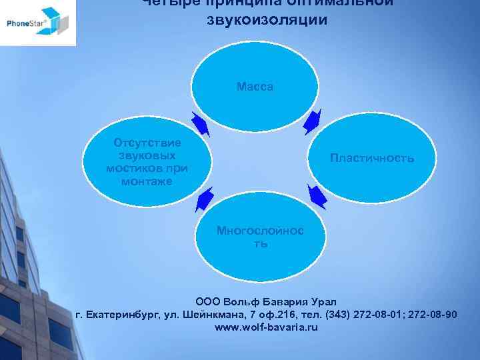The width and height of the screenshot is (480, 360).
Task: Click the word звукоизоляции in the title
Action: click(x=267, y=20)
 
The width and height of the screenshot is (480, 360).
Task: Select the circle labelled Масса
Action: click(x=255, y=87)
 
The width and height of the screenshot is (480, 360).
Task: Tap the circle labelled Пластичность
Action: click(x=372, y=159)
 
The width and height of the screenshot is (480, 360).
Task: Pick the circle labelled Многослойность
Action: click(x=259, y=237)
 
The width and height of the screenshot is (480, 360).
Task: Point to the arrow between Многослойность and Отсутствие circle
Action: click(x=204, y=198)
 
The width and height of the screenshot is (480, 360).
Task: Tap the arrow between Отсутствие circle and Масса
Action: click(x=200, y=123)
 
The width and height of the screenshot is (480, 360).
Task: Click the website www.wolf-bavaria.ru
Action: click(x=266, y=327)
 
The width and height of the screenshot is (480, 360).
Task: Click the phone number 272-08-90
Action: click(x=435, y=315)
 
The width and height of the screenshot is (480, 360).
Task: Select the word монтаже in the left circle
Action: click(x=147, y=181)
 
